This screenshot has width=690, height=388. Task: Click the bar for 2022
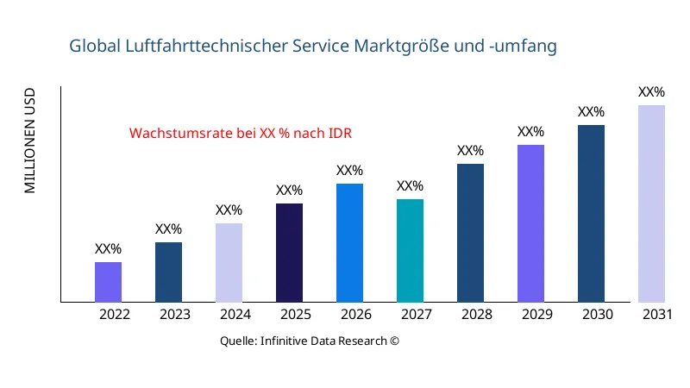108,282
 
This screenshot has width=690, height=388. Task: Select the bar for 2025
289,253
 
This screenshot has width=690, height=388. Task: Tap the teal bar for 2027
410,251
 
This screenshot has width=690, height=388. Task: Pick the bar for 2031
651,203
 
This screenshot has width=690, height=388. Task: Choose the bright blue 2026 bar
349,243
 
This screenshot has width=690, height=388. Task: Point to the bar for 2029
530,223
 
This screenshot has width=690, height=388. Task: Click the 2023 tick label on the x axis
175,315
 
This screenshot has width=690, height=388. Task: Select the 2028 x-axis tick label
477,315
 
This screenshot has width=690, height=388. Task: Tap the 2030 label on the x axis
598,315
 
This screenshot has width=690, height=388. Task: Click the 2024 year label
235,315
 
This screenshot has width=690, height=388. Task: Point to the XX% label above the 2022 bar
108,249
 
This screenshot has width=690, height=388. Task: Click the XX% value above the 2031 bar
651,92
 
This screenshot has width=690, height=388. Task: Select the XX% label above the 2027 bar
410,186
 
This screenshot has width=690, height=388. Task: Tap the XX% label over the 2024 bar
229,210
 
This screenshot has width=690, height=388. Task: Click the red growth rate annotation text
241,134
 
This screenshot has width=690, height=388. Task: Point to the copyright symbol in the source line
394,341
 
